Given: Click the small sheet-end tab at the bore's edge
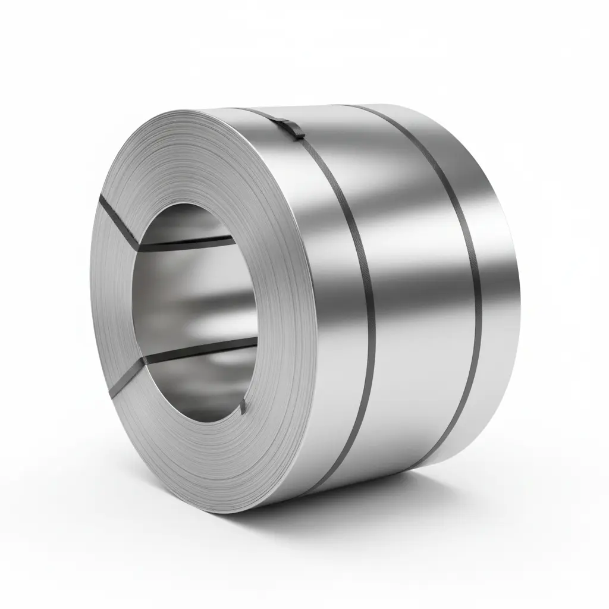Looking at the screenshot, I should point(243,406).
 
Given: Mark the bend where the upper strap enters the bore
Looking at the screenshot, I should point(139,245).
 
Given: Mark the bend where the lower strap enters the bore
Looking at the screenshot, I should point(145,361).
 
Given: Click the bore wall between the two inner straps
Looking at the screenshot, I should point(196,297).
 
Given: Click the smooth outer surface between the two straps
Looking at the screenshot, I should point(416,285).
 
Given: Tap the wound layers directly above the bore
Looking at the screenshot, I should point(190,155).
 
